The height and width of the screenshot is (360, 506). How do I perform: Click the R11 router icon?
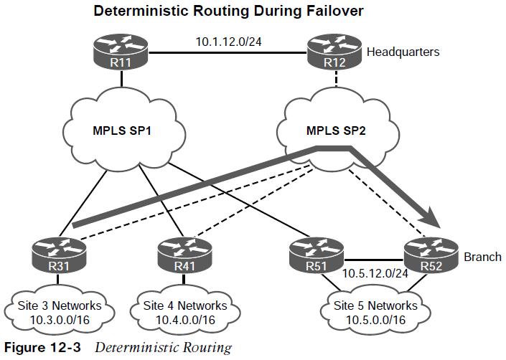[121, 52]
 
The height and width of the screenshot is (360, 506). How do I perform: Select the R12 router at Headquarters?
[334, 52]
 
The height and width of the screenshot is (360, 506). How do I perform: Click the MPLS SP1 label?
[122, 131]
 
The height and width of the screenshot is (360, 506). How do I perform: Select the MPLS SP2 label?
[336, 131]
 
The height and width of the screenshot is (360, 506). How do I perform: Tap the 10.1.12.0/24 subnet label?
[228, 42]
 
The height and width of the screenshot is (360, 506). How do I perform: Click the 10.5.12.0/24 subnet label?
[375, 274]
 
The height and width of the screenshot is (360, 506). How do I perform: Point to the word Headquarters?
[403, 52]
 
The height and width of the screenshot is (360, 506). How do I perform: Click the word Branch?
[482, 257]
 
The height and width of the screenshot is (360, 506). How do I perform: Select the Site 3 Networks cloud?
[60, 312]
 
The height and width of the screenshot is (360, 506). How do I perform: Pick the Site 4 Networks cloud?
[185, 312]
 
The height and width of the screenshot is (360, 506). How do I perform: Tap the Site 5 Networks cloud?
[375, 312]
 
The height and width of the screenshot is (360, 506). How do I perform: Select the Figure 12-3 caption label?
[42, 348]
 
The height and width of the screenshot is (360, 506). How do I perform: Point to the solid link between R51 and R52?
[374, 260]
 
